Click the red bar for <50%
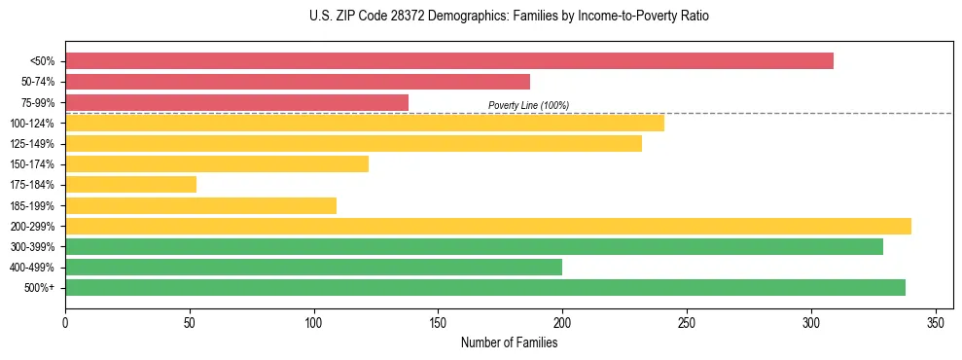click(x=449, y=61)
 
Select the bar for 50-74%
click(x=298, y=82)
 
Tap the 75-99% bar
click(x=236, y=102)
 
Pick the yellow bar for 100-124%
click(x=365, y=123)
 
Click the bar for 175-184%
click(x=130, y=184)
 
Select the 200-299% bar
click(x=488, y=226)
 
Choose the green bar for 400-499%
click(x=313, y=267)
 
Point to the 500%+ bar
click(x=485, y=287)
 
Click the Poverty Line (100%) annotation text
click(x=528, y=105)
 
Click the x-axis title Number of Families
click(x=509, y=342)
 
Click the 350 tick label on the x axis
click(x=936, y=321)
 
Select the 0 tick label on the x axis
click(x=65, y=321)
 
